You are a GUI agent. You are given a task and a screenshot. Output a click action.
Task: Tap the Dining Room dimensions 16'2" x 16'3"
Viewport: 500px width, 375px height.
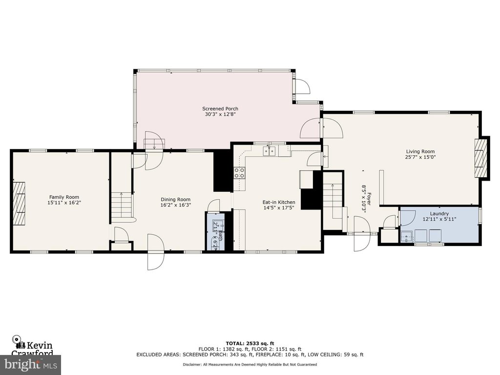pyautogui.click(x=176, y=205)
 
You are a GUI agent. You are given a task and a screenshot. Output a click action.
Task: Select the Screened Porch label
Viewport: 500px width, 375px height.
pyautogui.click(x=221, y=108)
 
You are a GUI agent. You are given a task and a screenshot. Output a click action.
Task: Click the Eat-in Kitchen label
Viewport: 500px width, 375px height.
pyautogui.click(x=265, y=202)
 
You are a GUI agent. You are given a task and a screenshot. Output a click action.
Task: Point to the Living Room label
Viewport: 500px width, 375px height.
pyautogui.click(x=419, y=151)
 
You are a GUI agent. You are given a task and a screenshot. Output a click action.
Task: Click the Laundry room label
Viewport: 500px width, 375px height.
pyautogui.click(x=439, y=214)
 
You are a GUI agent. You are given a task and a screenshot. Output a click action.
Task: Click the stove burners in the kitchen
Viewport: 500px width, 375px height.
pyautogui.click(x=240, y=172)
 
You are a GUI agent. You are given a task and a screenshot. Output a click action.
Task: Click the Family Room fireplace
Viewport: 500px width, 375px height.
pyautogui.click(x=19, y=202)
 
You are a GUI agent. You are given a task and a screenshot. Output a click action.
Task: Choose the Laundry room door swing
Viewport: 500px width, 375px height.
pyautogui.click(x=407, y=217)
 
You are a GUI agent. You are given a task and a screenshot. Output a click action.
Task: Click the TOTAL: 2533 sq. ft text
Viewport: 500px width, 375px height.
pyautogui.click(x=250, y=343)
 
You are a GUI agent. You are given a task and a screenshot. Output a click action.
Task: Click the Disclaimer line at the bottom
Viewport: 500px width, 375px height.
pyautogui.click(x=250, y=364)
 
